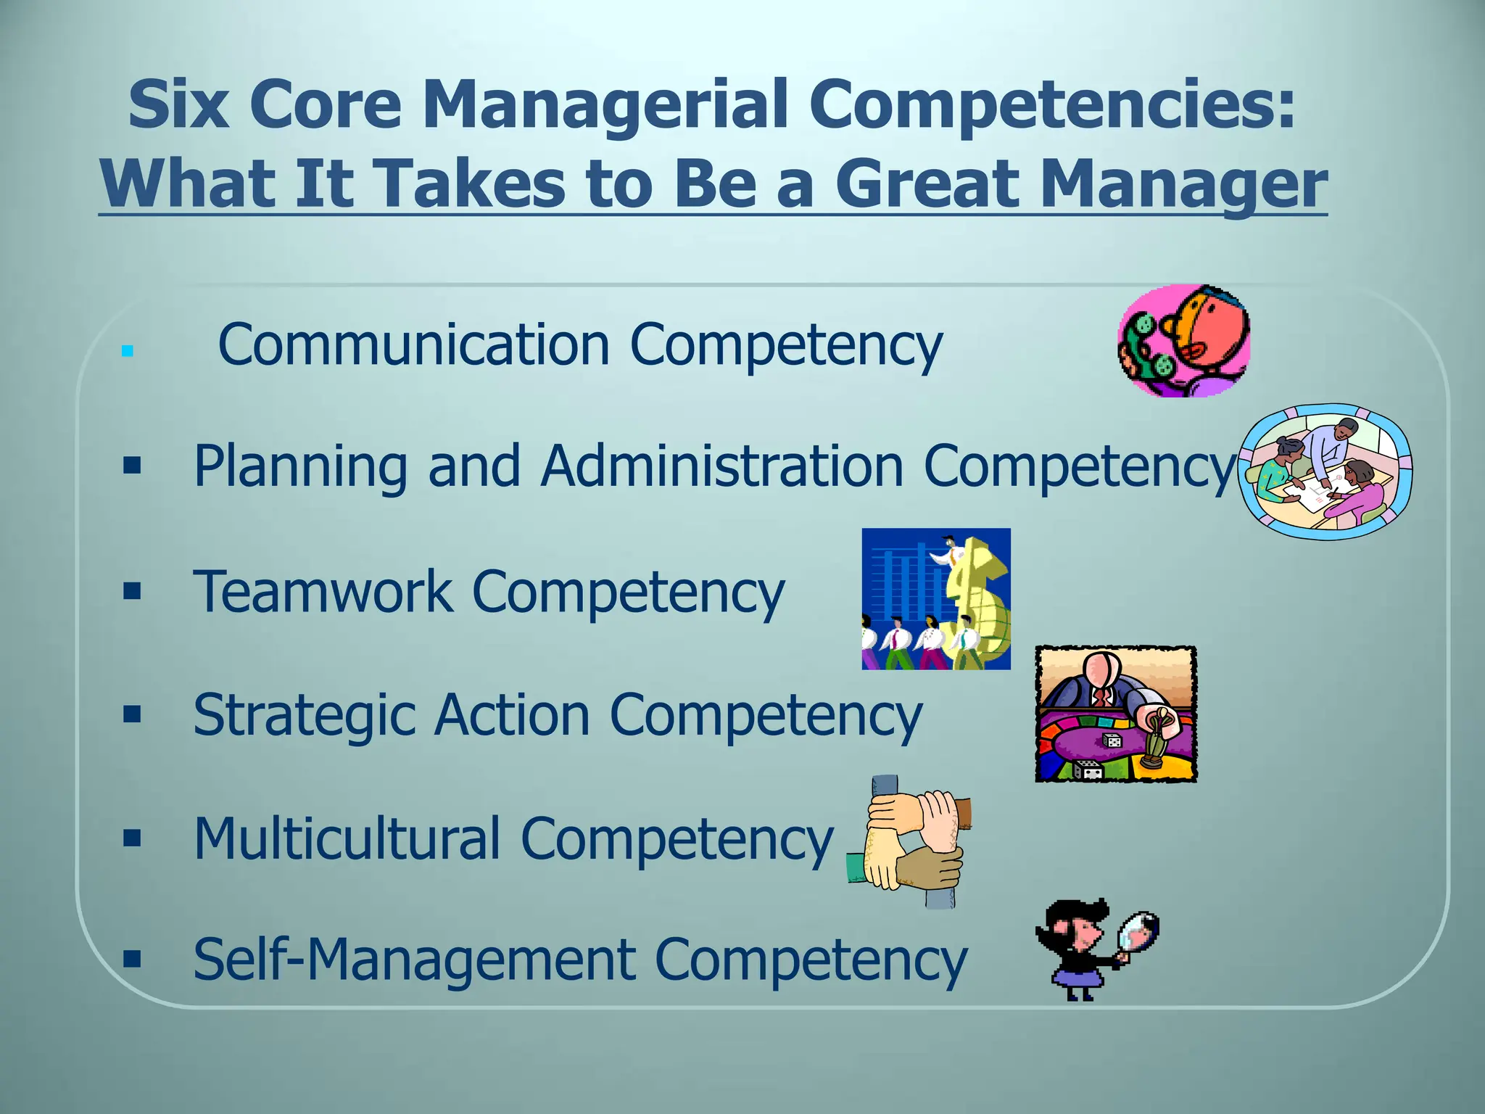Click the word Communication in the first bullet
[413, 344]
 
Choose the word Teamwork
[322, 591]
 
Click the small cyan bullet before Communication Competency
[128, 352]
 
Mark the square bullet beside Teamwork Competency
[132, 591]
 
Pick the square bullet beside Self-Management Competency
[132, 960]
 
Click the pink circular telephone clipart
[1183, 341]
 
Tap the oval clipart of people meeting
[1325, 471]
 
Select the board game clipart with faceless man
[1115, 714]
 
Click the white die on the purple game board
[1112, 740]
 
